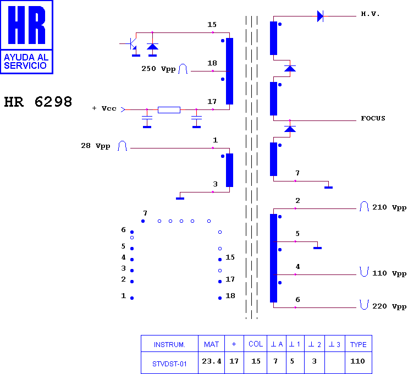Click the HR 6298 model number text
click(x=38, y=102)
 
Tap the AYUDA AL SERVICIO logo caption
click(x=26, y=62)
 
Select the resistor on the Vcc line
click(x=169, y=110)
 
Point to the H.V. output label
click(x=370, y=14)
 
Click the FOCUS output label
click(x=373, y=118)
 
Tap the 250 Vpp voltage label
click(x=158, y=69)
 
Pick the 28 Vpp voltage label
click(x=96, y=146)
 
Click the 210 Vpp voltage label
click(x=389, y=207)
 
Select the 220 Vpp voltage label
click(x=389, y=306)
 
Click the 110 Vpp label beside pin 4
click(x=389, y=273)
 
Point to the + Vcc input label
click(x=104, y=108)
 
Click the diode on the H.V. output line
click(x=321, y=16)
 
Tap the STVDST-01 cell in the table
click(x=169, y=364)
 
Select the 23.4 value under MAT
click(x=212, y=361)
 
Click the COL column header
click(x=256, y=344)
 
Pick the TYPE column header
click(x=359, y=345)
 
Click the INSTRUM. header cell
click(x=169, y=345)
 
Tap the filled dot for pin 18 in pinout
click(x=220, y=298)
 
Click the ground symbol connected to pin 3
click(x=180, y=199)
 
